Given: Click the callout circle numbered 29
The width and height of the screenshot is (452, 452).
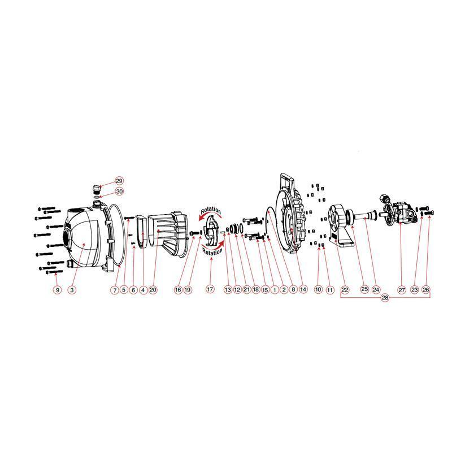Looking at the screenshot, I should (119, 181).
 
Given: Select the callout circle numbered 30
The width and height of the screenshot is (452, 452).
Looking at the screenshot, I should (119, 192).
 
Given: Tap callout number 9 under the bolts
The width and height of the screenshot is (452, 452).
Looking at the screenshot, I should (56, 290).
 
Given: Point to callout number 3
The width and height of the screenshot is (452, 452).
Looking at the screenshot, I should (72, 290).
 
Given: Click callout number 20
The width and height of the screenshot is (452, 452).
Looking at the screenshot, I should (153, 290).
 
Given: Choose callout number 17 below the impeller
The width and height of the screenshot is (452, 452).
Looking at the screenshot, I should (210, 290).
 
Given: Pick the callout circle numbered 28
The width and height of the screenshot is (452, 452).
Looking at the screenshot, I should (385, 298).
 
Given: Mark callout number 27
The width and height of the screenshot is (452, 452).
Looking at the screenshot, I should (402, 290).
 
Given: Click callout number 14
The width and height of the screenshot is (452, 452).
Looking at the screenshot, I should (303, 290).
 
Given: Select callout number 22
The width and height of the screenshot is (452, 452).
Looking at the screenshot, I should (345, 290).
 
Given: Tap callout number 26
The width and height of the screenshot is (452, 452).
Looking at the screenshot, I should (426, 290).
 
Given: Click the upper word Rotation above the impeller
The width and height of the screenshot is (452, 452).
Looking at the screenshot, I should (211, 210).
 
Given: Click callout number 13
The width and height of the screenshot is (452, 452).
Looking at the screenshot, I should (228, 290).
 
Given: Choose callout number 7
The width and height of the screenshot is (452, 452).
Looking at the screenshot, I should (114, 290).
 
